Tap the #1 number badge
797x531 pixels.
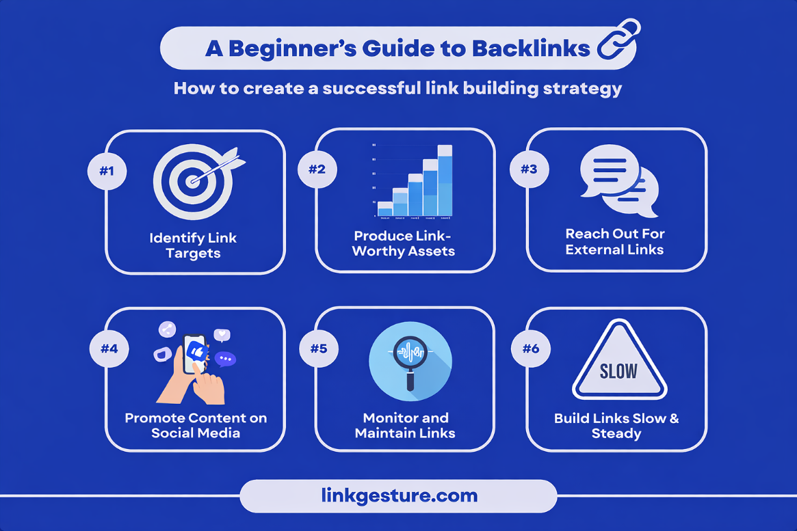pyautogui.click(x=107, y=170)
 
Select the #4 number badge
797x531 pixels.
pyautogui.click(x=109, y=349)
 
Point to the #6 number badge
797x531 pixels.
pyautogui.click(x=531, y=349)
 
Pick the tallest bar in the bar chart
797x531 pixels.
pyautogui.click(x=445, y=180)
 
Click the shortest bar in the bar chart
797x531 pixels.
pyautogui.click(x=385, y=208)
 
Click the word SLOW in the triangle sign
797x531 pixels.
pyautogui.click(x=618, y=371)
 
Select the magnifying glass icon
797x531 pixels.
pyautogui.click(x=409, y=357)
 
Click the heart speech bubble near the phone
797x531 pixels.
pyautogui.click(x=222, y=335)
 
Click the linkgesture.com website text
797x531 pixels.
pyautogui.click(x=399, y=495)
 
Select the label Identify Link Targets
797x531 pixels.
pyautogui.click(x=194, y=245)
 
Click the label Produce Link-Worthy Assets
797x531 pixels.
pyautogui.click(x=404, y=243)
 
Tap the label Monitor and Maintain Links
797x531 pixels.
pyautogui.click(x=406, y=425)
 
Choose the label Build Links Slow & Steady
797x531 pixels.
pyautogui.click(x=616, y=425)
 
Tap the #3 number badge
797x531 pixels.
pyautogui.click(x=529, y=170)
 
